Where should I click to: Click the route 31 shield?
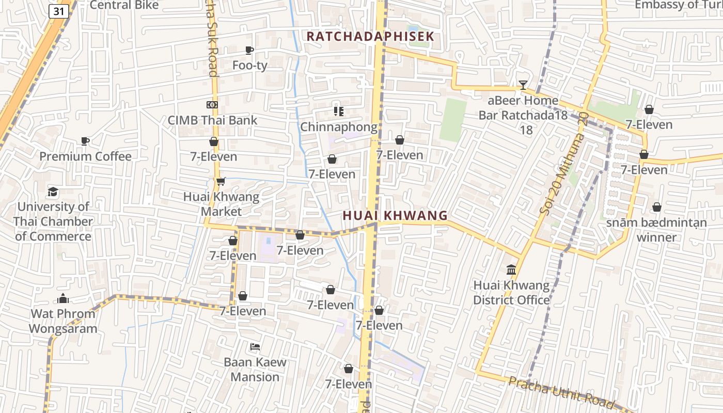59,11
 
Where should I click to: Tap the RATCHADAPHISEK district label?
371,37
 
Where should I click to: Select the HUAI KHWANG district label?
396,216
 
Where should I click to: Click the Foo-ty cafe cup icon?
249,50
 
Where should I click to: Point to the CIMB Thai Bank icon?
212,105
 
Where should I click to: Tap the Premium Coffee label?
86,156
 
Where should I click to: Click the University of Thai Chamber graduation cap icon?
53,192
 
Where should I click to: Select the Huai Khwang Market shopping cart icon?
221,181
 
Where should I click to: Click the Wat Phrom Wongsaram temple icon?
63,298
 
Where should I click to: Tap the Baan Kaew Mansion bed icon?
255,346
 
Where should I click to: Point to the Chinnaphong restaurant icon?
339,111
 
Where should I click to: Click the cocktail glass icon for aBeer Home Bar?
523,85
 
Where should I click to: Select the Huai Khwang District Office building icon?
511,269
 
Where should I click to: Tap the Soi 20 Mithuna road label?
563,165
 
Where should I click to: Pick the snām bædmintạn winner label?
656,230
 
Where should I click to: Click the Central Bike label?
124,5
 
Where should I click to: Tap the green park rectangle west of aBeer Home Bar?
453,120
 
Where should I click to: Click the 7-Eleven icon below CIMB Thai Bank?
214,141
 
